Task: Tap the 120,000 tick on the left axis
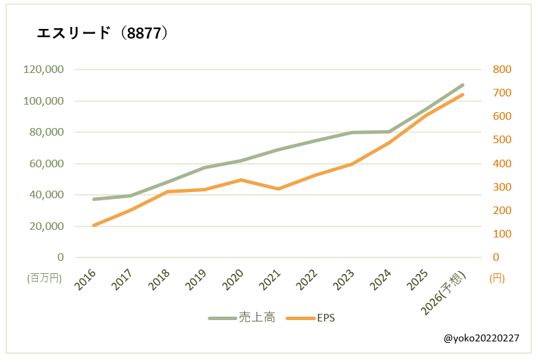[x=43, y=70]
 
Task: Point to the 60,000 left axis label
[x=46, y=164]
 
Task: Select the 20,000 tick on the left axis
[x=46, y=226]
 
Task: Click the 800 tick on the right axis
[x=502, y=70]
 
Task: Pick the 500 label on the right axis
[x=502, y=140]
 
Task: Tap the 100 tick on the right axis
[x=502, y=234]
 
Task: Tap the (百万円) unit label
[x=45, y=278]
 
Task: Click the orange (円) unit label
[x=497, y=278]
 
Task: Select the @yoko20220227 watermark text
[x=481, y=339]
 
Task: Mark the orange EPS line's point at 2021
[x=278, y=189]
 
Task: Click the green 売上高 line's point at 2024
[x=389, y=131]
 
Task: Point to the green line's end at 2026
[x=462, y=85]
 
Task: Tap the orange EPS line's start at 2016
[x=94, y=225]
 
